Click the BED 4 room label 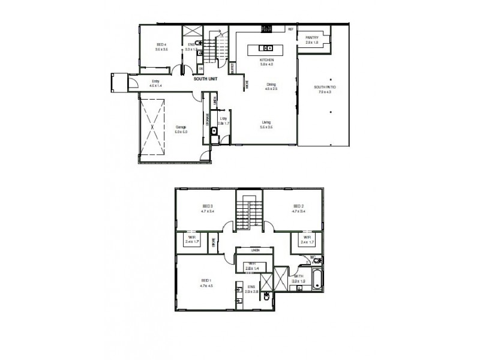coord(161,44)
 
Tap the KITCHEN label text coord(267,61)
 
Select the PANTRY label coord(311,37)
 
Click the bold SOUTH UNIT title coord(205,79)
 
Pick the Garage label coord(180,127)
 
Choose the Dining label coord(271,84)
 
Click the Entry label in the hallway coord(155,82)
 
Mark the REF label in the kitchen coord(290,29)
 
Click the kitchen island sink coord(268,47)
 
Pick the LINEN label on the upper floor coord(254,249)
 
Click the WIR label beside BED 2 coord(307,238)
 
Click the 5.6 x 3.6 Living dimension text coord(266,127)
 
